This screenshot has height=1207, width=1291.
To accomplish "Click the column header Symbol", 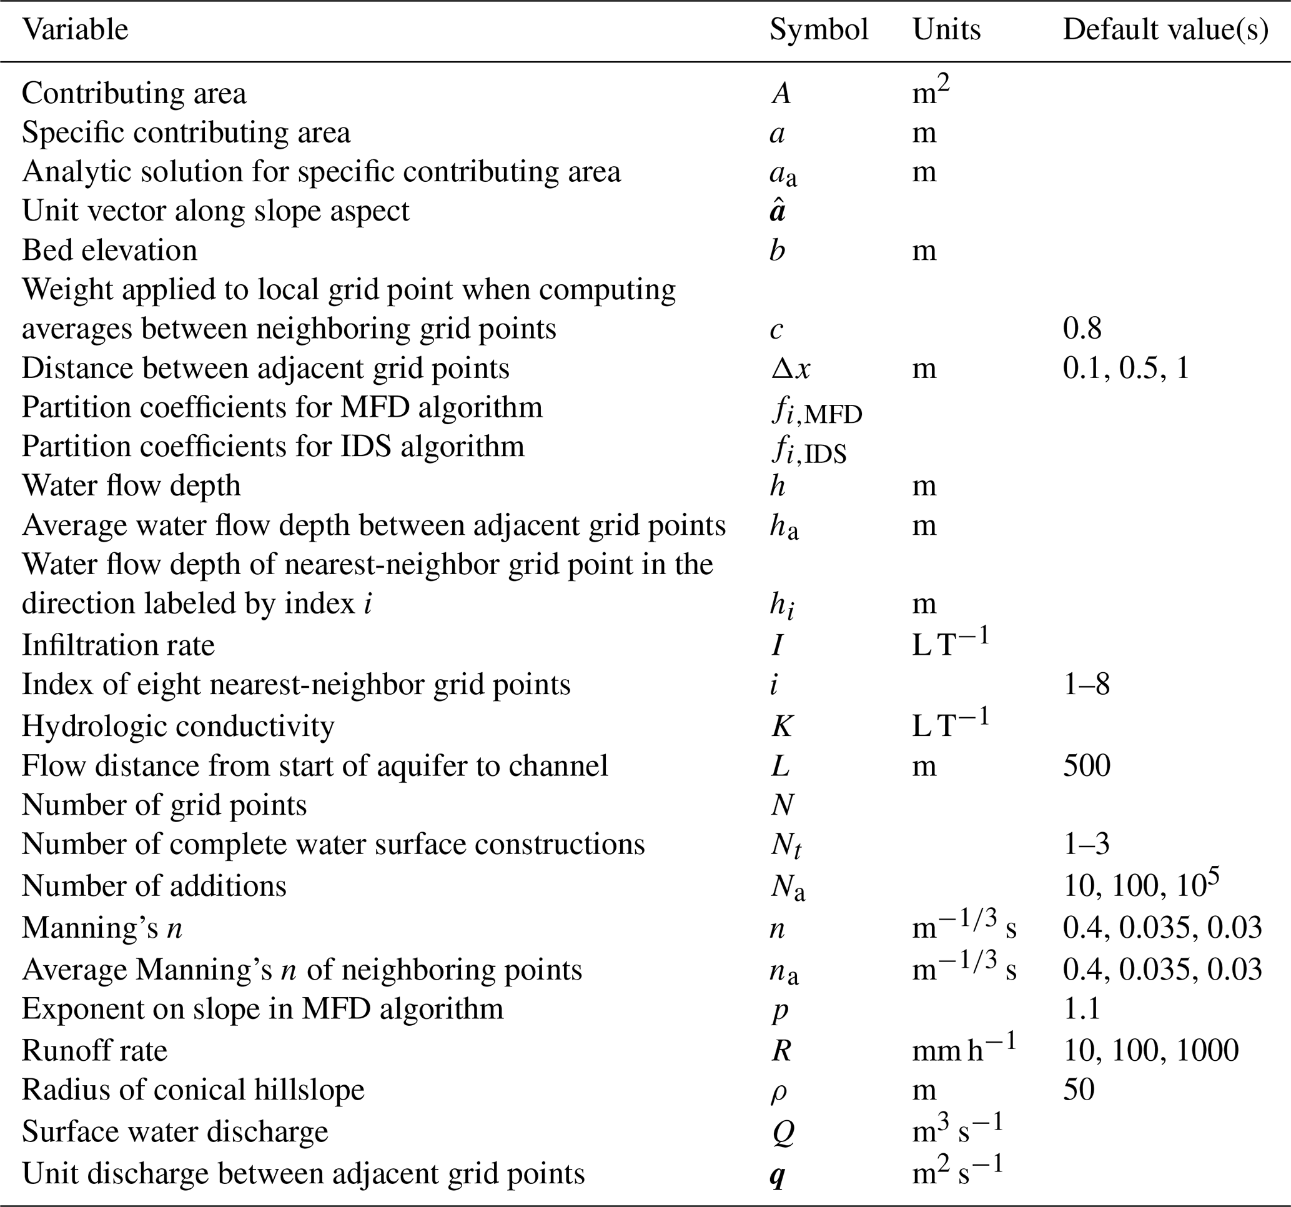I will point(818,30).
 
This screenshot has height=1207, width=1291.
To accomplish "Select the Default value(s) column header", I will point(1165,30).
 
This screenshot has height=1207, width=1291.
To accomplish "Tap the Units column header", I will point(946,30).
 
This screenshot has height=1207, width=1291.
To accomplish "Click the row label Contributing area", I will point(134,94).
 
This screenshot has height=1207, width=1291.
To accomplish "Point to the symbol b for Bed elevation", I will point(777,250).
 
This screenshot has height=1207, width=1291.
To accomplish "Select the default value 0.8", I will point(1082,329).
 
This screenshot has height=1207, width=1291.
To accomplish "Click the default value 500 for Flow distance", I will point(1086,765).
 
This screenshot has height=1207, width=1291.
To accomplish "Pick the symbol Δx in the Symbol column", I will point(790,369).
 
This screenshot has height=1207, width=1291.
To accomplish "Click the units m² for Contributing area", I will point(930,92).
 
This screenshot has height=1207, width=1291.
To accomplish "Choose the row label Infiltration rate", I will point(118,645).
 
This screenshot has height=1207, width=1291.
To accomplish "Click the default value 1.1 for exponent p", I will point(1081,1009).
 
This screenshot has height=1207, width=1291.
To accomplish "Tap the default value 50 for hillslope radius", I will point(1079,1090).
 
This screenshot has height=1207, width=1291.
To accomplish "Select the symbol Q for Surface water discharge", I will point(783,1132).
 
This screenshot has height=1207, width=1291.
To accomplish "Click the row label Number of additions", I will point(154,886).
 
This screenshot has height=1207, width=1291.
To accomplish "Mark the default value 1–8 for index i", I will point(1086,685).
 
